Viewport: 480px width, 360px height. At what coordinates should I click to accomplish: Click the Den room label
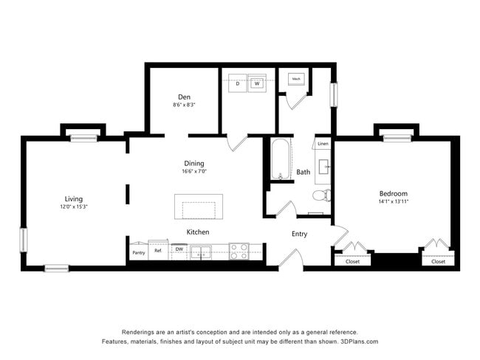click(185, 97)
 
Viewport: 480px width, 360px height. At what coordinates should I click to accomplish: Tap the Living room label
click(73, 198)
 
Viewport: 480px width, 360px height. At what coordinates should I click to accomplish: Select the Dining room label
click(194, 163)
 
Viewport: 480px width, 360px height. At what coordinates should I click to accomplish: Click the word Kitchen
click(197, 232)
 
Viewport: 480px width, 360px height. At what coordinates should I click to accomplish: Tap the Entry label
click(299, 234)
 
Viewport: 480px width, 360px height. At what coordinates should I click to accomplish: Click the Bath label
click(303, 172)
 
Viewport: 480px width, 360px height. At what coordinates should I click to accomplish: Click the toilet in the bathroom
click(321, 195)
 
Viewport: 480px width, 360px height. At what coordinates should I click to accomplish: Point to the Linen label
click(323, 144)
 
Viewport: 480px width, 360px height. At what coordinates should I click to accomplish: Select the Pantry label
click(138, 252)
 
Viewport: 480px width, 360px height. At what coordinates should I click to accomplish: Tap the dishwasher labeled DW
click(179, 249)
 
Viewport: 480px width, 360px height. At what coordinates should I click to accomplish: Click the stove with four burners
click(239, 252)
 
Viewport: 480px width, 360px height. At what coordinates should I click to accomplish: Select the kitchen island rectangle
click(198, 206)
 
